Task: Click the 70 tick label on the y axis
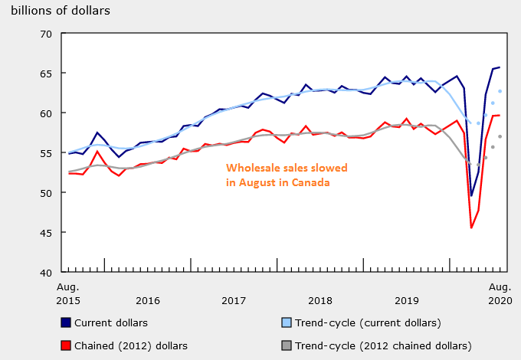point(45,34)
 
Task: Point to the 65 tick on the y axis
point(45,74)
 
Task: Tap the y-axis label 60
point(45,113)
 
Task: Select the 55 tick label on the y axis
point(45,153)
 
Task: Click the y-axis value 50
point(45,193)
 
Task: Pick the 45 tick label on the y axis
point(45,233)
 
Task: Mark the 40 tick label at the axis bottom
point(45,273)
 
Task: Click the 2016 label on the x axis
point(148,300)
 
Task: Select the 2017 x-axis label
point(234,300)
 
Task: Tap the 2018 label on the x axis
point(320,300)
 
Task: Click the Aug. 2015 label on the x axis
point(69,293)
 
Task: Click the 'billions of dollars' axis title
point(61,11)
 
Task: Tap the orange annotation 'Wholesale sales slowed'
point(287,168)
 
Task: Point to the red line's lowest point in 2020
point(471,227)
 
